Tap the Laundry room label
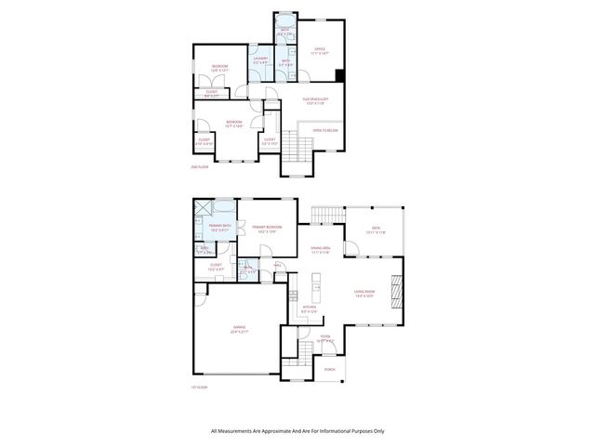click(x=260, y=59)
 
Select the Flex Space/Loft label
click(x=318, y=98)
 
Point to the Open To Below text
click(x=324, y=131)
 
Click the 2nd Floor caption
click(x=199, y=167)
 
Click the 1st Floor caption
click(x=199, y=387)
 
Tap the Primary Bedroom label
click(x=267, y=227)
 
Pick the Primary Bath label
click(x=220, y=227)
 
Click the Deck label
click(x=376, y=228)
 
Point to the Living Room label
click(x=364, y=293)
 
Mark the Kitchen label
click(x=310, y=307)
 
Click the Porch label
click(x=329, y=369)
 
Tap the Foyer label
click(x=325, y=336)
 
